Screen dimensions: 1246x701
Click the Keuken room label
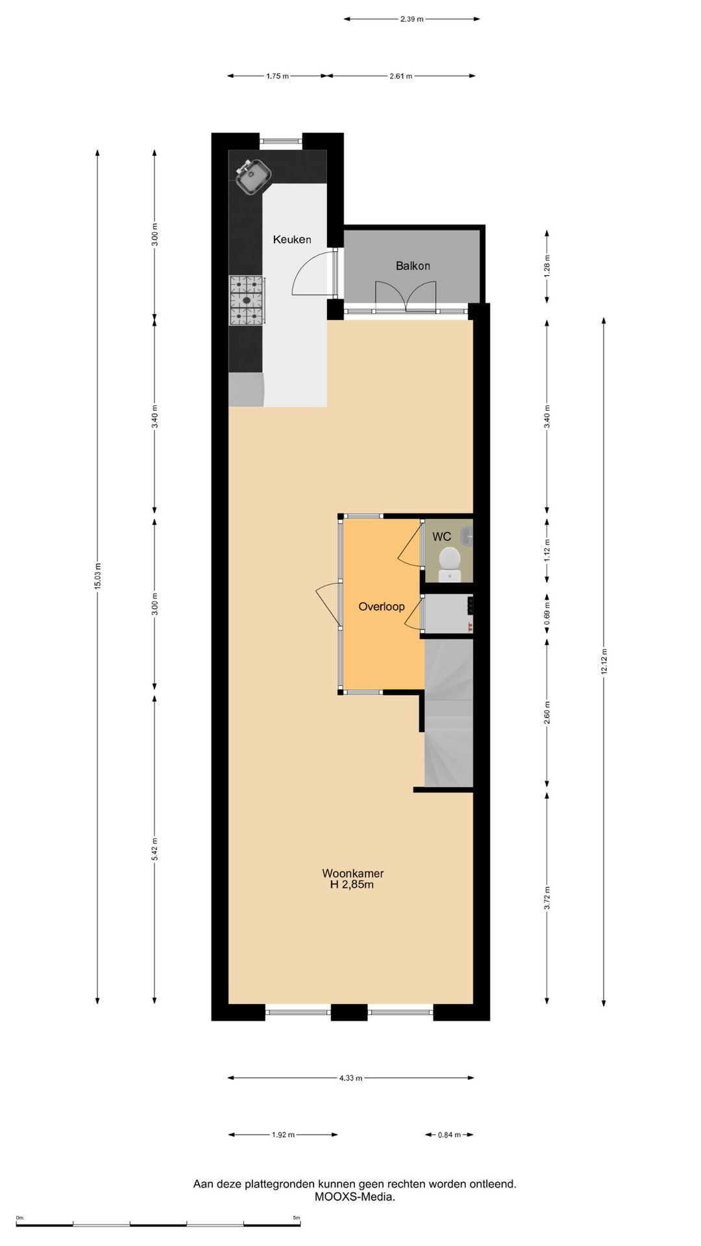(291, 239)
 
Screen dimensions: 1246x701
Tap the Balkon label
(413, 265)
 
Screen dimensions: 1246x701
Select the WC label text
(441, 537)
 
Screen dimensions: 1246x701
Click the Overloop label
(381, 607)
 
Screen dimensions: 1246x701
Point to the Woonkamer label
(352, 873)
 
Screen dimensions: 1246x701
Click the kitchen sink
(253, 175)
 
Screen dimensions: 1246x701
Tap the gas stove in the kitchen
(247, 300)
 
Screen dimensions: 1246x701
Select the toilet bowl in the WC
(449, 559)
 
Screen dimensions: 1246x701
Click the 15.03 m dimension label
(98, 576)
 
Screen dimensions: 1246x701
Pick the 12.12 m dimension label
(604, 661)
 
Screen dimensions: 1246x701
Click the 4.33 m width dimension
(350, 1078)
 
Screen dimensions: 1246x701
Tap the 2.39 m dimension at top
(412, 19)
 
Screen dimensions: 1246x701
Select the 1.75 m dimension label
(277, 76)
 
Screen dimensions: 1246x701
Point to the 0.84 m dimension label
(449, 1135)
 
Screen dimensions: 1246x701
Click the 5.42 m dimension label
(154, 849)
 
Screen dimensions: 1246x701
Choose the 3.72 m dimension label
(547, 898)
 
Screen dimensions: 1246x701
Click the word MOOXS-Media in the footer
(354, 1197)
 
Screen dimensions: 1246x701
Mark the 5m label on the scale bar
(296, 1218)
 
